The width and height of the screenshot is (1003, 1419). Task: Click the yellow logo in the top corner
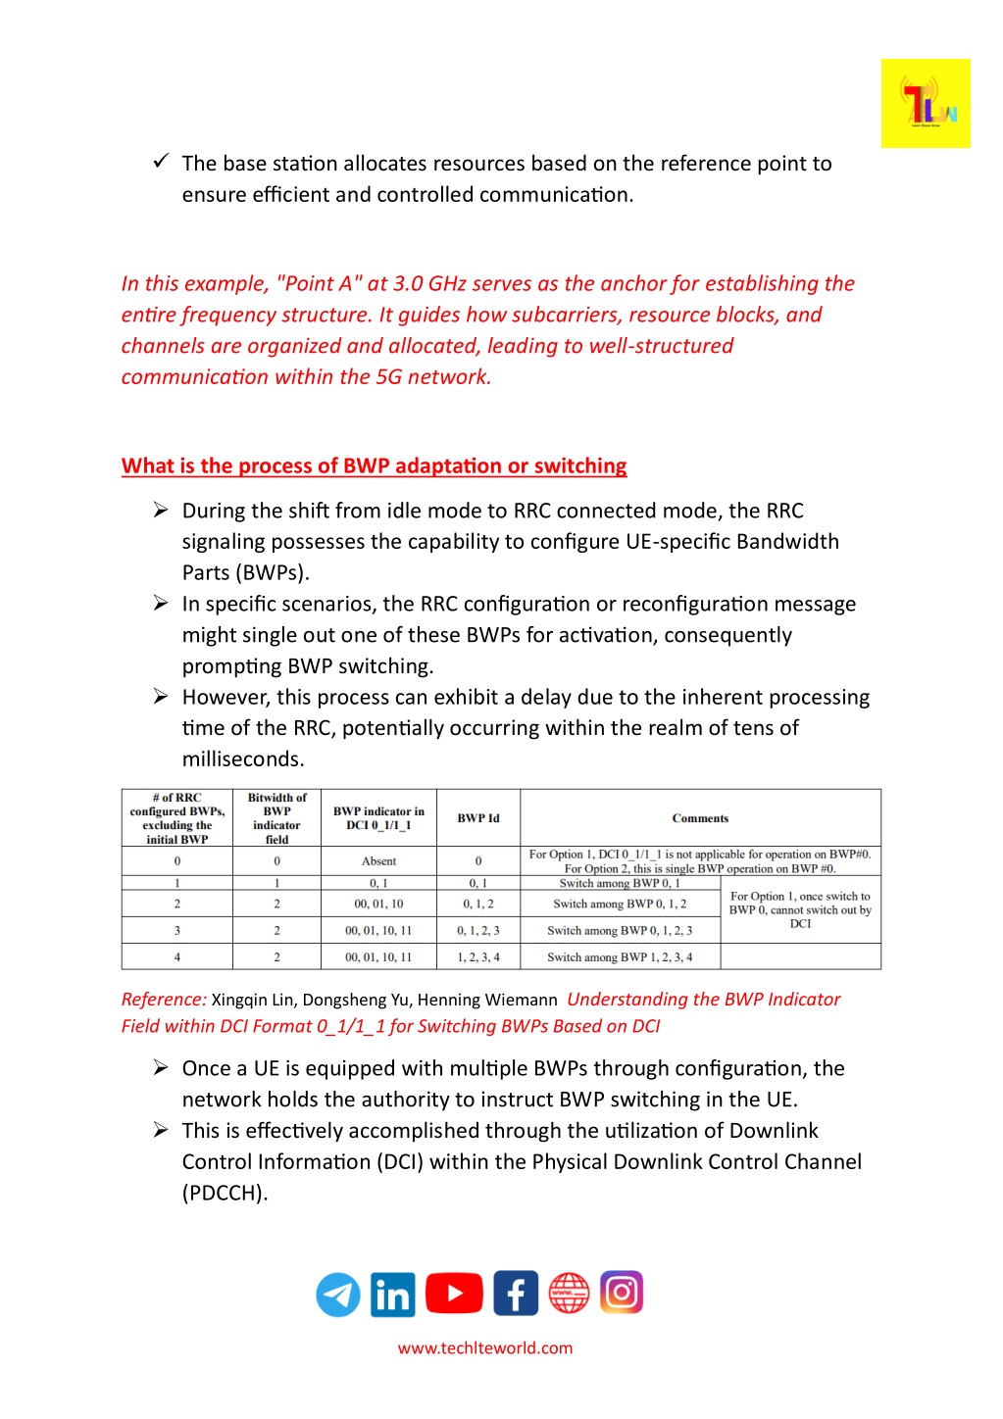925,103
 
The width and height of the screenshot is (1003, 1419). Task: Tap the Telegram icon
338,1295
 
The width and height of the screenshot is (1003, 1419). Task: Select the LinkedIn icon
393,1295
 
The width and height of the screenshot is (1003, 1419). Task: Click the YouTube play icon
454,1294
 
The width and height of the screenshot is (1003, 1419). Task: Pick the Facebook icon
516,1294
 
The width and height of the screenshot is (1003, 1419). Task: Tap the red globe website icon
569,1294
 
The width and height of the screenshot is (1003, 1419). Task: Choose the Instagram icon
622,1293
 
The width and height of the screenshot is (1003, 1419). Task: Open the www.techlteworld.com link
485,1348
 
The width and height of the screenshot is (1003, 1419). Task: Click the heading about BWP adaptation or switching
374,466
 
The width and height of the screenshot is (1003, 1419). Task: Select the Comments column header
700,818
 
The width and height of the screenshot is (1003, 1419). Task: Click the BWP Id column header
478,818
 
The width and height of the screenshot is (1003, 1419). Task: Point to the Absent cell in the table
378,861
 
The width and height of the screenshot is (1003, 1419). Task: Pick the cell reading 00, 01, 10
378,905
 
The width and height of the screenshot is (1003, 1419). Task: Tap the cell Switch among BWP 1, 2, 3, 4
620,957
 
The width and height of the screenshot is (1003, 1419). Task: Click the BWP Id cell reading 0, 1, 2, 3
478,931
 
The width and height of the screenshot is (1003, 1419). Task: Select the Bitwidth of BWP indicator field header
276,818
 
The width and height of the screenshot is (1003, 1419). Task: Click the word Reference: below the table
164,1000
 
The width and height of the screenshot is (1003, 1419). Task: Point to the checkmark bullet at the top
162,161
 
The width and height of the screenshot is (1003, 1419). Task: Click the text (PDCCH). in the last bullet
225,1193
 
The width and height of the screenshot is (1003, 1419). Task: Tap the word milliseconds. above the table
243,759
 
